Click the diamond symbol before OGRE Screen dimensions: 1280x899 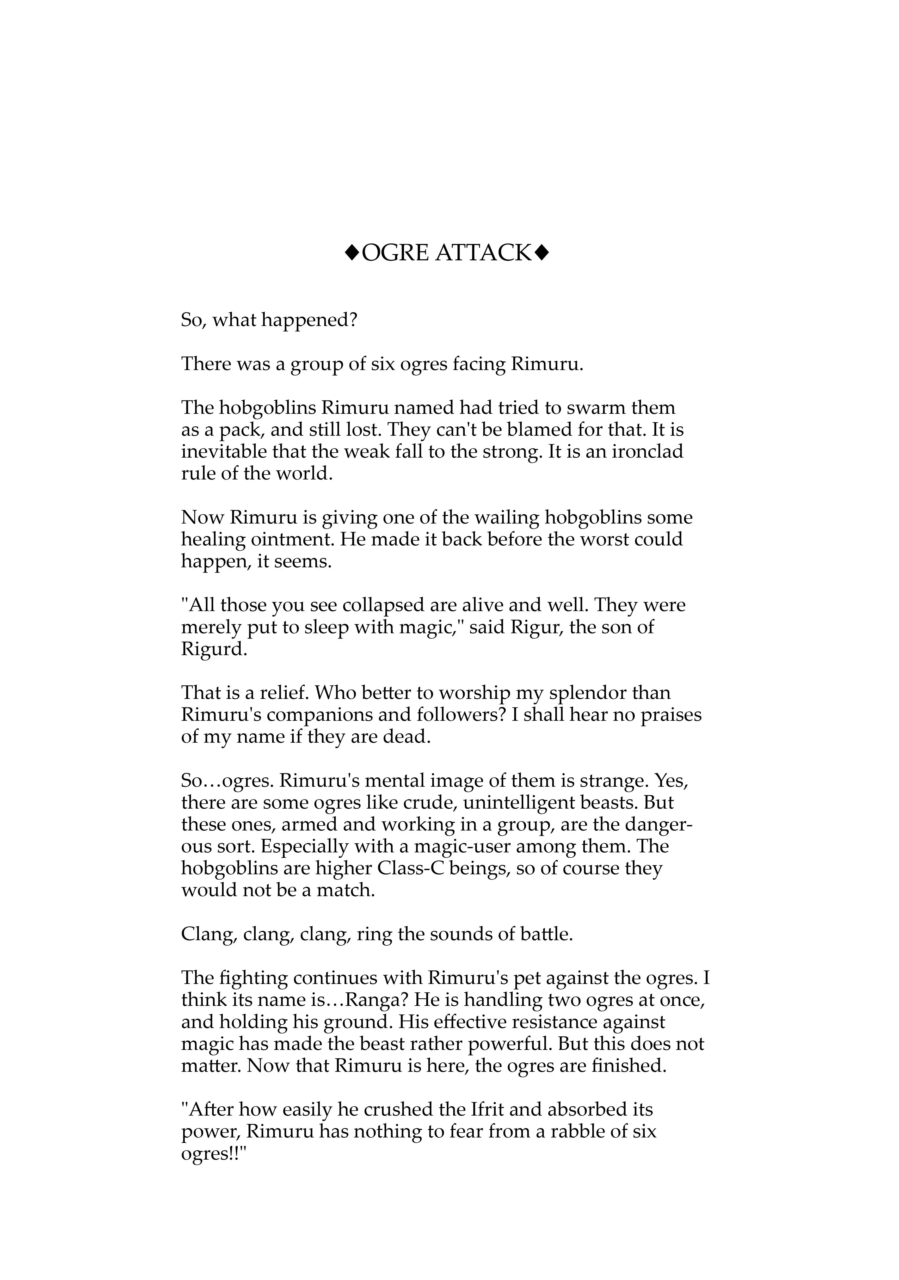click(x=352, y=254)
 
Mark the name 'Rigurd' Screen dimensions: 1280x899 click(x=213, y=649)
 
